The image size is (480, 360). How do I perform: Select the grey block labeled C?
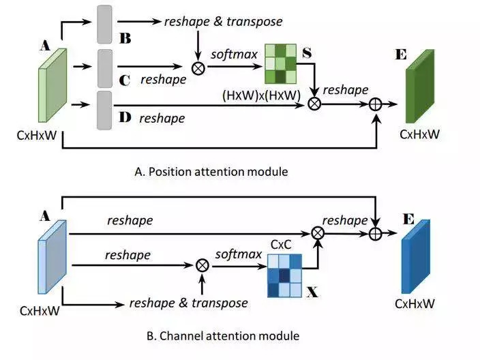click(x=105, y=67)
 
